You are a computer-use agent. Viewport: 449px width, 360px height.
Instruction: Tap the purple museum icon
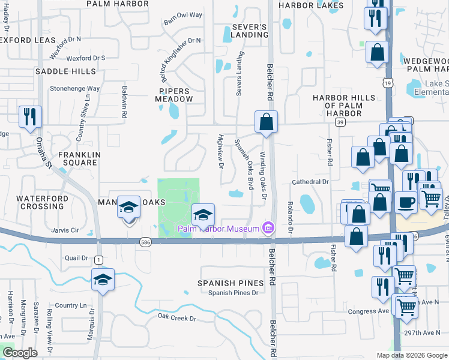[x=268, y=228]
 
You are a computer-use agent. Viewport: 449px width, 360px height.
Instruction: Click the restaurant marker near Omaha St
[x=29, y=116]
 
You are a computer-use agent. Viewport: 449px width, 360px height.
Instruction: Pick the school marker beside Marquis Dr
[x=103, y=280]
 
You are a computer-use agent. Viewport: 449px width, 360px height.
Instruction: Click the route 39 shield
[x=340, y=122]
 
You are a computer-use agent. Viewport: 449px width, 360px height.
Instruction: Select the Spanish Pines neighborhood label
[x=231, y=283]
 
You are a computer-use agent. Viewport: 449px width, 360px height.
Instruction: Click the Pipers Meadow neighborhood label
[x=175, y=95]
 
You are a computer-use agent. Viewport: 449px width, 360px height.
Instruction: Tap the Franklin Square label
[x=77, y=158]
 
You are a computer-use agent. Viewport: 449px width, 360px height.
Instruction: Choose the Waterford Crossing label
[x=40, y=202]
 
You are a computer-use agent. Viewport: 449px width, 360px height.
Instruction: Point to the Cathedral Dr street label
[x=310, y=182]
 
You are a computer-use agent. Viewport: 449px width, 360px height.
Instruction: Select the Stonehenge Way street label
[x=75, y=88]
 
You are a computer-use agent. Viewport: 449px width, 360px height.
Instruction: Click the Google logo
[x=20, y=352]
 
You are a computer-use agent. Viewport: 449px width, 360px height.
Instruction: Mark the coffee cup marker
[x=406, y=202]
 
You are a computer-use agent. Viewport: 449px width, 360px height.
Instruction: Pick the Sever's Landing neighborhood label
[x=249, y=31]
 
